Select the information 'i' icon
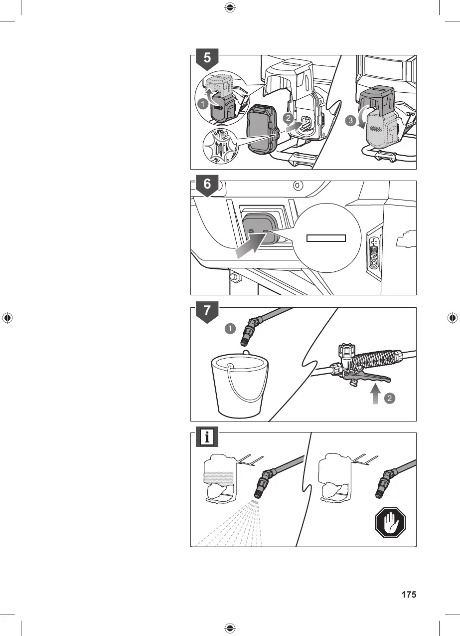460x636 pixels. pyautogui.click(x=207, y=437)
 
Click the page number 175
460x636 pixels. pyautogui.click(x=409, y=595)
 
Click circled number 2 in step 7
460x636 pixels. pyautogui.click(x=391, y=399)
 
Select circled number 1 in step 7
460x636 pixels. pyautogui.click(x=230, y=329)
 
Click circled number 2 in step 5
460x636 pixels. pyautogui.click(x=287, y=118)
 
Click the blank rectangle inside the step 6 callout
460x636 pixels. pyautogui.click(x=326, y=237)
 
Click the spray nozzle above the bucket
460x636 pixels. pyautogui.click(x=248, y=334)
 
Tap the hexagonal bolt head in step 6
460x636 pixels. pyautogui.click(x=297, y=185)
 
